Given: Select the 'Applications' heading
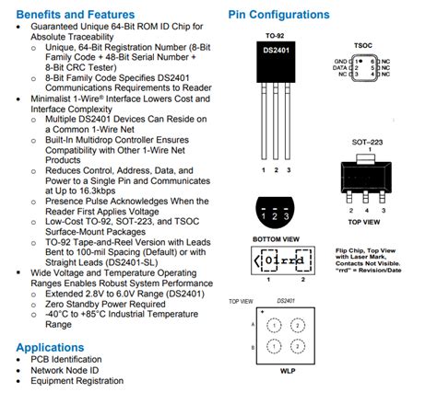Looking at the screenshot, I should coord(55,347).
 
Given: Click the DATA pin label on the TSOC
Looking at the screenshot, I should coord(342,67).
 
